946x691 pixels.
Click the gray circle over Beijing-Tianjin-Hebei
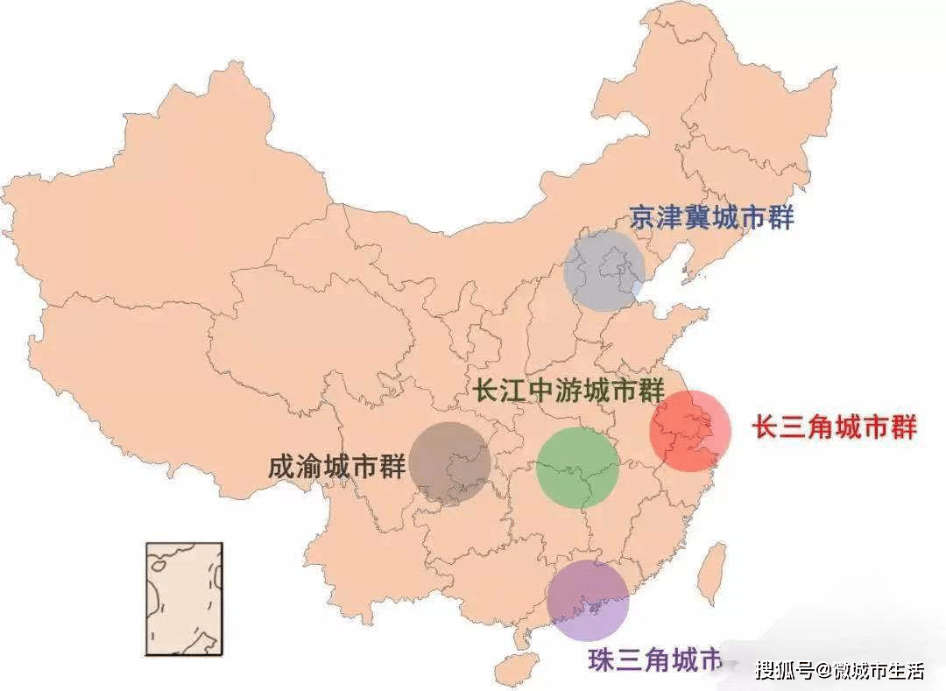coord(604,271)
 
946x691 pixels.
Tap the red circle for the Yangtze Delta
coord(689,431)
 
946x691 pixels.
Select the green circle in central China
coord(577,467)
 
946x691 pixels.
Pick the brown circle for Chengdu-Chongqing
coord(449,463)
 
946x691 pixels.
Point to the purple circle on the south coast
coord(588,600)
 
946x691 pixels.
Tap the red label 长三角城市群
coord(835,427)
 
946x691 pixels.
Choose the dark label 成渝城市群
coord(337,467)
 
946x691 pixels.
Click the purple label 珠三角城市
coord(653,659)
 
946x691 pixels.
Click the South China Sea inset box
coord(184,599)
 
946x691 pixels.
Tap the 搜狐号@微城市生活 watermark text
coord(840,671)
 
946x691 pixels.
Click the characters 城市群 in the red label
coord(876,427)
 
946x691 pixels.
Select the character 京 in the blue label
coord(643,217)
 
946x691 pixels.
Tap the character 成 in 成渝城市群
coord(282,467)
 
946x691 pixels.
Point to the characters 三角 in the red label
coord(807,427)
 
